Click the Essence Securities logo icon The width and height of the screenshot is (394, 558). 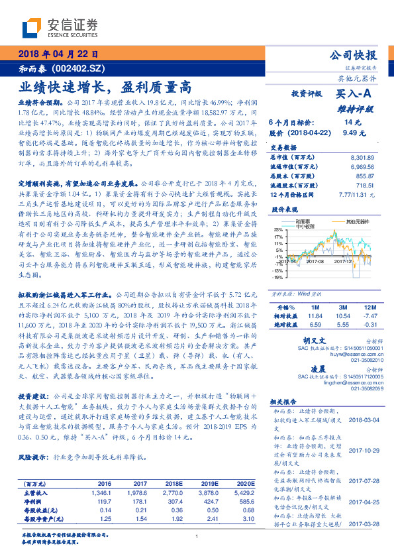click(34, 28)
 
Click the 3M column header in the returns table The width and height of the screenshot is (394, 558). click(343, 308)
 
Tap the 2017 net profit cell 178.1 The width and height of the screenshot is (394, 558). click(138, 502)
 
